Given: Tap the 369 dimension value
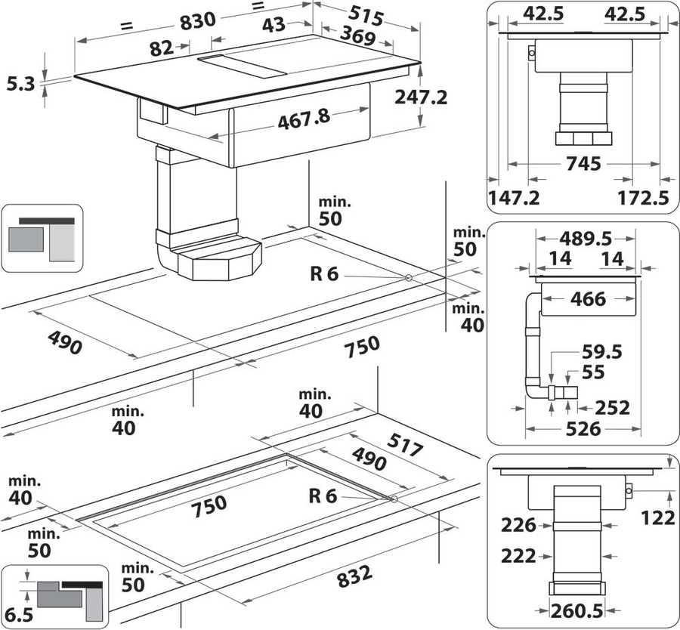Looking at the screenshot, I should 360,36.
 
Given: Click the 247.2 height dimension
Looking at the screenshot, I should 421,97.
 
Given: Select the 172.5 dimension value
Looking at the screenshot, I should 644,198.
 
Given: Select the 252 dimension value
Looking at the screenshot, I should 612,407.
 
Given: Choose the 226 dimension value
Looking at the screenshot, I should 518,524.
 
